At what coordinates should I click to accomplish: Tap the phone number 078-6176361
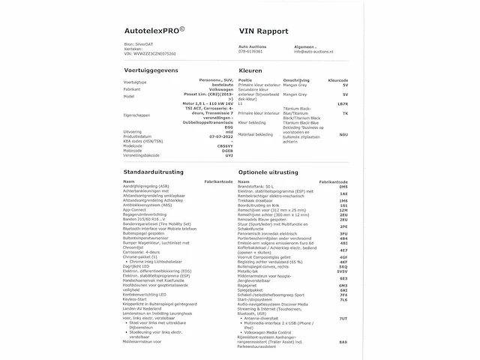(251, 52)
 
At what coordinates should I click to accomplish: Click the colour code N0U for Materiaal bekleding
(343, 134)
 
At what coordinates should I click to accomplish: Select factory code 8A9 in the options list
(343, 342)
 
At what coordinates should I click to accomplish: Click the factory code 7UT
(343, 319)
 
